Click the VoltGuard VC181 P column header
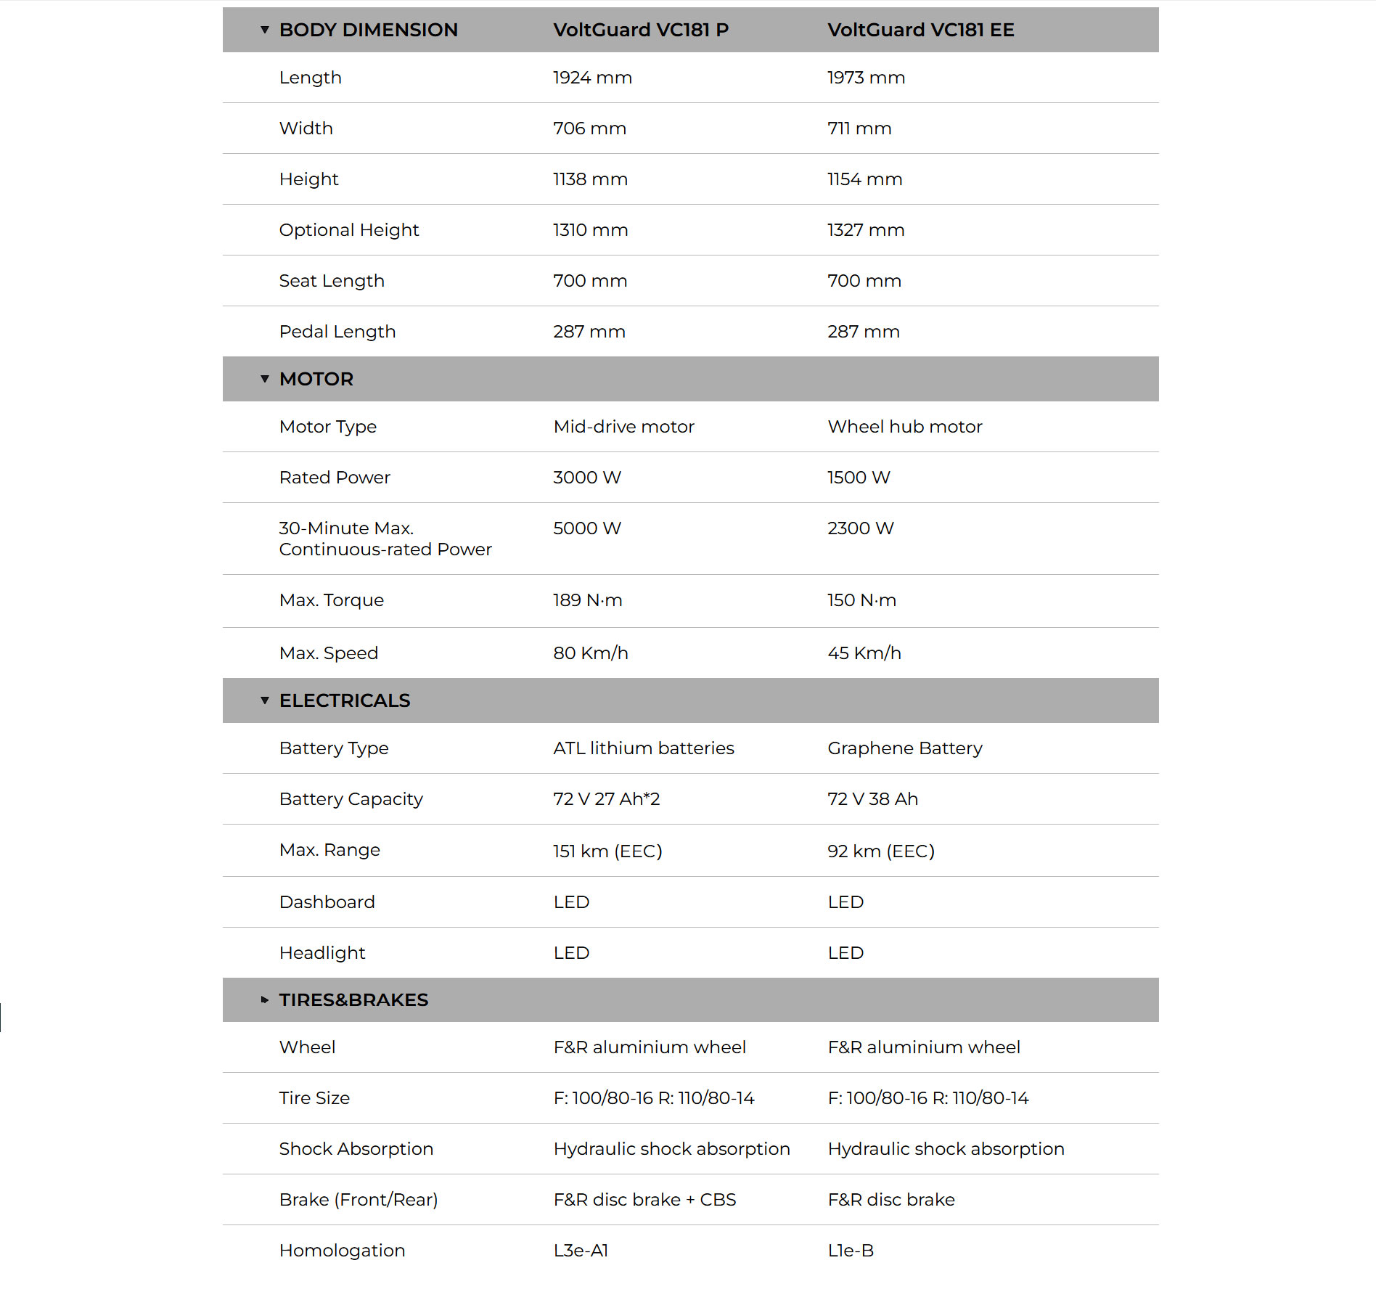pyautogui.click(x=641, y=30)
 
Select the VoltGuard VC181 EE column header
pyautogui.click(x=920, y=30)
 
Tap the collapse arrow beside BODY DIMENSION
pyautogui.click(x=265, y=30)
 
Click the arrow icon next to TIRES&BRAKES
pyautogui.click(x=265, y=1000)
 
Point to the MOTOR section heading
pyautogui.click(x=316, y=379)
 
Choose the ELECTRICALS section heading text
pyautogui.click(x=344, y=700)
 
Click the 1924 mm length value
pyautogui.click(x=592, y=78)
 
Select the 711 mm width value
pyautogui.click(x=859, y=128)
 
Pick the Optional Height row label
pyautogui.click(x=349, y=230)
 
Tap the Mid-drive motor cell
pyautogui.click(x=623, y=427)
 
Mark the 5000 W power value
pyautogui.click(x=587, y=528)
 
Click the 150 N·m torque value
pyautogui.click(x=861, y=600)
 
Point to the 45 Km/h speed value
pyautogui.click(x=864, y=653)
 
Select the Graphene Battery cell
pyautogui.click(x=905, y=748)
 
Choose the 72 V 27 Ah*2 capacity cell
pyautogui.click(x=606, y=799)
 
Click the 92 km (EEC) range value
pyautogui.click(x=881, y=851)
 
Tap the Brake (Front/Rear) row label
pyautogui.click(x=359, y=1200)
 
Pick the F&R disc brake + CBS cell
pyautogui.click(x=644, y=1200)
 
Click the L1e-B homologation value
pyautogui.click(x=851, y=1251)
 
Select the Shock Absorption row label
pyautogui.click(x=356, y=1149)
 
